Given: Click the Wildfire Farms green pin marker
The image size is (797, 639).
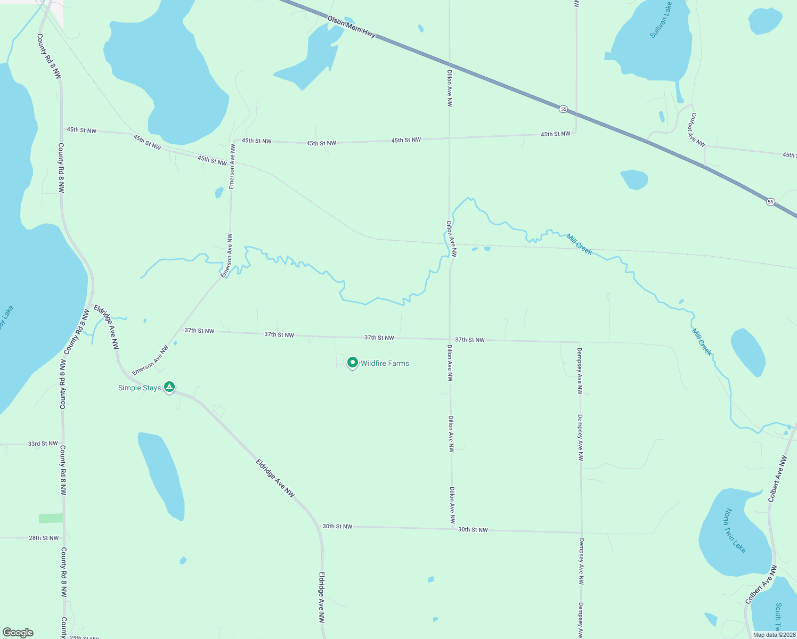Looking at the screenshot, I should click(x=352, y=363).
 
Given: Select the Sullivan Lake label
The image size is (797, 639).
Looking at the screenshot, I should click(x=661, y=20).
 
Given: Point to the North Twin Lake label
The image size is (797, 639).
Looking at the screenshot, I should click(x=735, y=530).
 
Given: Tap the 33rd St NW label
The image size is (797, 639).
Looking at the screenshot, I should click(x=43, y=444).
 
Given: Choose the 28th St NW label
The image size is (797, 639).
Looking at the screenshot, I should click(x=44, y=538).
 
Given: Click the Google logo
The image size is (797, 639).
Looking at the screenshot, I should click(x=18, y=633).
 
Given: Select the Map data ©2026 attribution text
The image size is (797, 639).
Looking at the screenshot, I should click(x=774, y=635).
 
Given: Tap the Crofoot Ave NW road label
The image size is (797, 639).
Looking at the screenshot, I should click(x=698, y=129).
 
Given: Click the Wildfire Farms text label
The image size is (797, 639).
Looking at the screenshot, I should click(x=385, y=363).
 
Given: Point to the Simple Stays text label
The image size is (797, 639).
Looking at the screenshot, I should click(x=139, y=388).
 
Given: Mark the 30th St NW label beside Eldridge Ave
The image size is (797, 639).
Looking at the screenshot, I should click(x=337, y=526).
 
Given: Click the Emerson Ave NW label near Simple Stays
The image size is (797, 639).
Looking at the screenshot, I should click(x=150, y=360).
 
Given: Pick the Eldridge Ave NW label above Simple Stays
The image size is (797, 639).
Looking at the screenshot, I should click(x=107, y=326).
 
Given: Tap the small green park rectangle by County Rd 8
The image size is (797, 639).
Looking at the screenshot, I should click(x=50, y=518).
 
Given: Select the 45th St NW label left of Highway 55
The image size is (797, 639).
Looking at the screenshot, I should click(x=555, y=134).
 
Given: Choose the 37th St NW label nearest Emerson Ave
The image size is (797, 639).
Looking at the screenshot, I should click(x=199, y=331).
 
